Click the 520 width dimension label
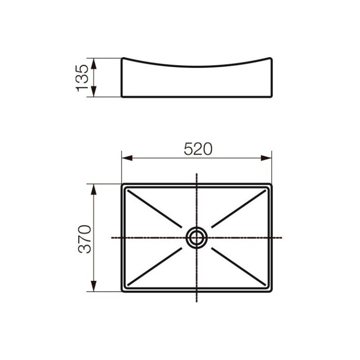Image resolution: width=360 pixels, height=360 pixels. click(x=198, y=149)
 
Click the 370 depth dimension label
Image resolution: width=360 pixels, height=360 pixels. click(x=84, y=239)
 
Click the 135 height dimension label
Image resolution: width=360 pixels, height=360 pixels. click(x=83, y=77)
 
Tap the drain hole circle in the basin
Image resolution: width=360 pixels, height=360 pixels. click(x=196, y=238)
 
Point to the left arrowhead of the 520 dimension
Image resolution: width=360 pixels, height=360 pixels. click(x=125, y=158)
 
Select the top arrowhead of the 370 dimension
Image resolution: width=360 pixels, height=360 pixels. click(x=94, y=187)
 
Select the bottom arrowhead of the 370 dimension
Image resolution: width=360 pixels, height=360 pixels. click(x=94, y=287)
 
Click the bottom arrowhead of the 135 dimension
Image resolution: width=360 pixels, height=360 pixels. click(x=94, y=93)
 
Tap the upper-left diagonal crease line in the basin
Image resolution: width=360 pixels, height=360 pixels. click(x=155, y=209)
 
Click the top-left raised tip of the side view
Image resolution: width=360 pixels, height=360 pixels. click(x=123, y=59)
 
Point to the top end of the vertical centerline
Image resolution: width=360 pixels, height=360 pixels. click(x=196, y=174)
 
